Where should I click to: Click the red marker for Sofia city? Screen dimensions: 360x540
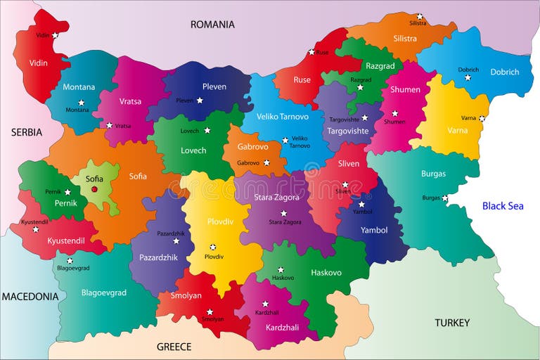tap(94, 188)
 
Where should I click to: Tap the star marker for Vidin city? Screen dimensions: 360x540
tap(55, 35)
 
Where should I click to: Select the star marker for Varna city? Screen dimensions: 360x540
tap(482, 118)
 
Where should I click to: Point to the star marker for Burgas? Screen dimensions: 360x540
tap(444, 198)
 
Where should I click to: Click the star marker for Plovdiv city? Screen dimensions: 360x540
tap(212, 247)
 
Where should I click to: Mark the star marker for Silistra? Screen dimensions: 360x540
tap(420, 15)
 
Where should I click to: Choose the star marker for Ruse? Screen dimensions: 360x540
tap(311, 52)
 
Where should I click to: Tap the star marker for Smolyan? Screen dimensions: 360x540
tap(209, 311)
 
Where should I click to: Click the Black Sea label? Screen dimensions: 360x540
tap(503, 206)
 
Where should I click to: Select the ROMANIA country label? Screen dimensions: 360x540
tap(212, 25)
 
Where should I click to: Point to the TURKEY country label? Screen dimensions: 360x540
tap(451, 323)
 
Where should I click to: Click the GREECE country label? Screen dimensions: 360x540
tap(174, 347)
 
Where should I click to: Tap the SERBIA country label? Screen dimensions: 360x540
tap(26, 132)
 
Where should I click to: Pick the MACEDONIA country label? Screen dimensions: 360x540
tap(30, 297)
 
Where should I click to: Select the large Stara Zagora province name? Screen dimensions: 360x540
tap(276, 198)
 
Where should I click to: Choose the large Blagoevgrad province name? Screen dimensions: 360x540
tap(104, 292)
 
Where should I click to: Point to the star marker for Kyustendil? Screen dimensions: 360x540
tap(35, 229)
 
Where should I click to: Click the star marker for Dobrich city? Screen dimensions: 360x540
tap(468, 77)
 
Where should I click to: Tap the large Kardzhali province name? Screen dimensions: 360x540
tap(282, 327)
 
